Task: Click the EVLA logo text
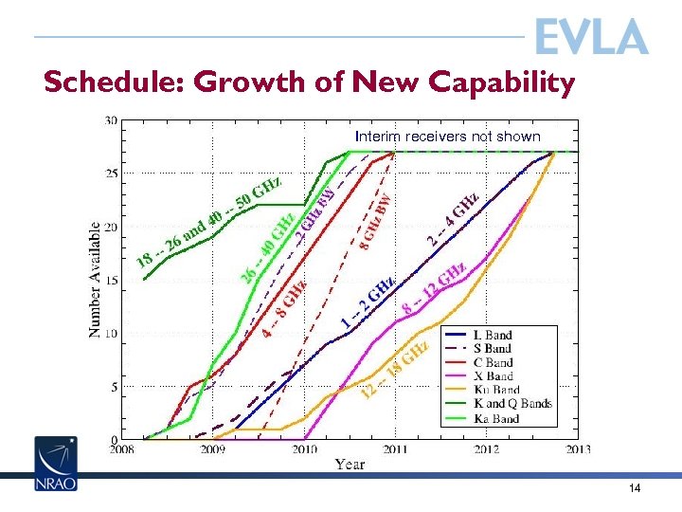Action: point(591,37)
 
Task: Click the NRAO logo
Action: point(56,465)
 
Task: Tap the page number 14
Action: point(635,488)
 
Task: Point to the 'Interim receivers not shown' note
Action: point(447,137)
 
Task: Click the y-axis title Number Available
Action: point(96,280)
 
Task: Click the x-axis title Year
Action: point(350,464)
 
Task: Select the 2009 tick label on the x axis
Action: point(211,449)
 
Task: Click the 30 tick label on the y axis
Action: point(111,120)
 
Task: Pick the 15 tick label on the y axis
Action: point(111,281)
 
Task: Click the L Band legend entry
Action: point(492,335)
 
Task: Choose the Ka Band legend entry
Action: point(495,417)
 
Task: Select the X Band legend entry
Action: point(493,376)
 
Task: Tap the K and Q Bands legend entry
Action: point(511,404)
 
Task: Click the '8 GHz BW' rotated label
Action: point(376,223)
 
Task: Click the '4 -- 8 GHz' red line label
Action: point(284,308)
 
